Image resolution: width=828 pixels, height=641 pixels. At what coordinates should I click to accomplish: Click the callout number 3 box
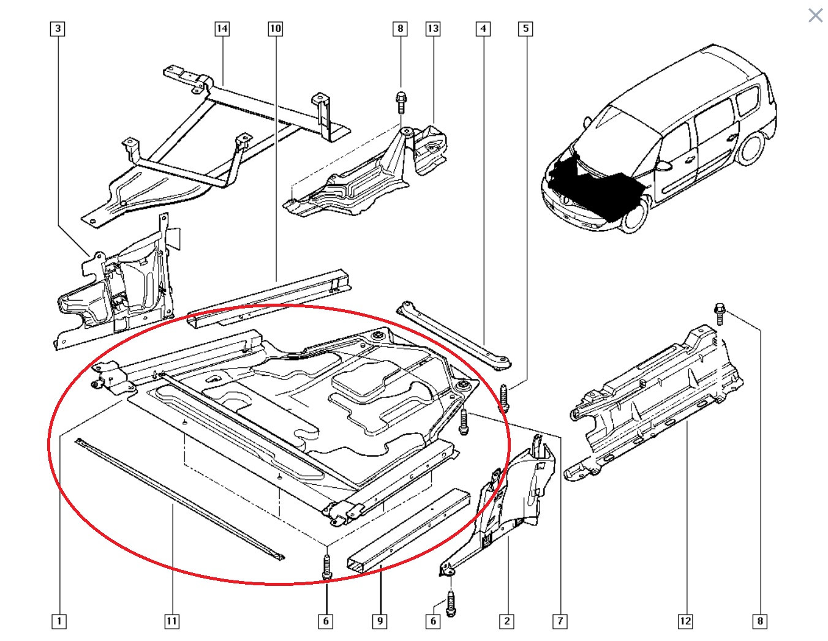58,28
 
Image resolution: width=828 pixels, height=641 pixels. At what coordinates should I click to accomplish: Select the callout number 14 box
222,28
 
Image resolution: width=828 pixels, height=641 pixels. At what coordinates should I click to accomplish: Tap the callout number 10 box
275,28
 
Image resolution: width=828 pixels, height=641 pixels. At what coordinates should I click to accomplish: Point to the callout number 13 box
433,28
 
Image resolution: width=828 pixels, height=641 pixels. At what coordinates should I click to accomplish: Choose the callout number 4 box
483,28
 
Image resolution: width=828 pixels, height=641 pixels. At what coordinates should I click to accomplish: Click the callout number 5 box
525,28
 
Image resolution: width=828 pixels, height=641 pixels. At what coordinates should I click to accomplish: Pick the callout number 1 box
59,621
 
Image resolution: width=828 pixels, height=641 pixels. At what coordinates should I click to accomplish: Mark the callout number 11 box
172,621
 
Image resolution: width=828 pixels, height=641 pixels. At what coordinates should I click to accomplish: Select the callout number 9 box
380,621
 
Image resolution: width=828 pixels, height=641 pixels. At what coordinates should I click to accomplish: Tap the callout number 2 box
506,621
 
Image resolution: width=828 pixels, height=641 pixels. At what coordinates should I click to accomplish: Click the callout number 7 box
560,621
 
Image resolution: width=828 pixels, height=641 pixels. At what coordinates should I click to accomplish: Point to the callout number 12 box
685,621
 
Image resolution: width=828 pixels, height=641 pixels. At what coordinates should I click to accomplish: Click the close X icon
815,15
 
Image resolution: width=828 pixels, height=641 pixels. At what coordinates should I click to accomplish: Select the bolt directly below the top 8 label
401,102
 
